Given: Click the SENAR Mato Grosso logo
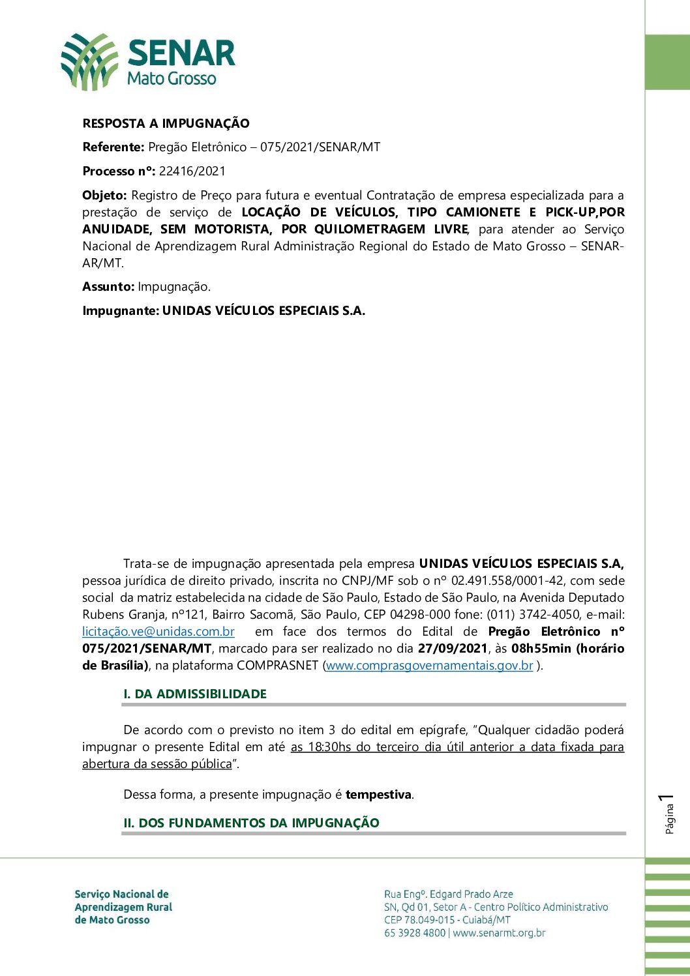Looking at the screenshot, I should coord(148,63).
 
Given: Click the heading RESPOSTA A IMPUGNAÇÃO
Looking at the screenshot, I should coord(166,123).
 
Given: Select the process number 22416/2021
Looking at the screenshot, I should coord(192,171).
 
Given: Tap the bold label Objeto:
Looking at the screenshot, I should coord(104,195).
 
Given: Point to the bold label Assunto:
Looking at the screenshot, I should coord(108,286).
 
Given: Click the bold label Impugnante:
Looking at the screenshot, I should coord(121,310).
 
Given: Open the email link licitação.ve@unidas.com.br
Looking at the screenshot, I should coord(158,631).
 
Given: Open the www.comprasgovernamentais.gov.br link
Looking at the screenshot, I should coord(429,666).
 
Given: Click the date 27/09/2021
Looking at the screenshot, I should coord(453,648).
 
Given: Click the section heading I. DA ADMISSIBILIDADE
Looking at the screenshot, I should coord(195,694).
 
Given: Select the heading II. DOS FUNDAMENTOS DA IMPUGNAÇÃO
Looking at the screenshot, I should coord(251,823).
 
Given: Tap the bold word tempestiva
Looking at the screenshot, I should coord(378,794).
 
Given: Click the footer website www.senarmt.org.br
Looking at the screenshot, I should coord(499,933).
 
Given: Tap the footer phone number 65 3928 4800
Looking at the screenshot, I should coord(415,933).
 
